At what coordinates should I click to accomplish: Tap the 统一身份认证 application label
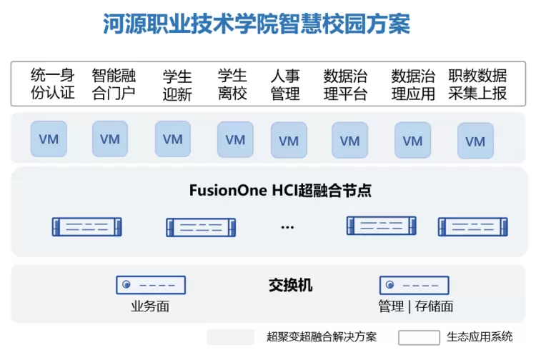(53, 84)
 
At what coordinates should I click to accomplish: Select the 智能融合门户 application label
(114, 84)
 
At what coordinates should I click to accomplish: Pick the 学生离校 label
(232, 84)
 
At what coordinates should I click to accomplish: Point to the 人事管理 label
(285, 84)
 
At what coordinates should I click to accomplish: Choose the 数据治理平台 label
(345, 84)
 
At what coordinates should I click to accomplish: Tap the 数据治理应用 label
(414, 84)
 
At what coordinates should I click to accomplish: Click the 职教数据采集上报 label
(477, 84)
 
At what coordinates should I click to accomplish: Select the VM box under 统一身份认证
(49, 139)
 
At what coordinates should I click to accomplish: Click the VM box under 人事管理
(289, 141)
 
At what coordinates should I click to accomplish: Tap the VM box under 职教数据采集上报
(475, 141)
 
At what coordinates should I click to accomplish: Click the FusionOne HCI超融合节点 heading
(280, 191)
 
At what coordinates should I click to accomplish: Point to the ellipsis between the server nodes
(287, 227)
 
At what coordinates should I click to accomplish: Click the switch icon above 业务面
(151, 285)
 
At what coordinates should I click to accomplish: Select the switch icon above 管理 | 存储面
(414, 285)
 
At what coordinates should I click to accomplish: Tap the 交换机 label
(290, 285)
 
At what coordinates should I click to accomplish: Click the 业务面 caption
(150, 306)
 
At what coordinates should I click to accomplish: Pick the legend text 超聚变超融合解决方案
(321, 336)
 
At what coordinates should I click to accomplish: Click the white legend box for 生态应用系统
(419, 337)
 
